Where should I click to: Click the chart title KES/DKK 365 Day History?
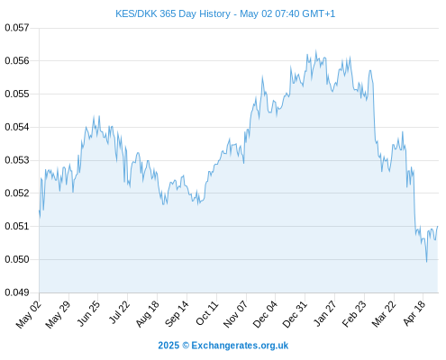[x=173, y=13]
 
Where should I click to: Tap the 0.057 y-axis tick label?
[x=17, y=28]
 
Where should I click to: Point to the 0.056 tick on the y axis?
[x=17, y=61]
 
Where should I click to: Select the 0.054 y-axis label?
[x=17, y=127]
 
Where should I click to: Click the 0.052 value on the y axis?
[x=17, y=193]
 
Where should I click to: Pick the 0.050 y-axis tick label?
[x=17, y=259]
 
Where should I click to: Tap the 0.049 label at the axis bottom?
[x=17, y=292]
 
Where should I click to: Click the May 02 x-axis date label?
[x=29, y=314]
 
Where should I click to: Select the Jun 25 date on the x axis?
[x=88, y=313]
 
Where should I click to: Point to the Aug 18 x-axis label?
[x=147, y=314]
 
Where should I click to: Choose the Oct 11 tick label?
[x=207, y=313]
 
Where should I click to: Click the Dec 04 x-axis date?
[x=265, y=314]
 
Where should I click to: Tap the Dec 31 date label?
[x=295, y=314]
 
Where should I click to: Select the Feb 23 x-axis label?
[x=354, y=314]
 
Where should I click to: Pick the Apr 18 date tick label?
[x=414, y=313]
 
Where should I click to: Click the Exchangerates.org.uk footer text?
[x=240, y=346]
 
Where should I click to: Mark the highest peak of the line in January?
[x=315, y=50]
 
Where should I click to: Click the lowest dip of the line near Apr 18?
[x=426, y=262]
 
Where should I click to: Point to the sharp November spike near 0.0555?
[x=262, y=76]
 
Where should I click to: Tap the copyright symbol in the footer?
[x=186, y=346]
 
